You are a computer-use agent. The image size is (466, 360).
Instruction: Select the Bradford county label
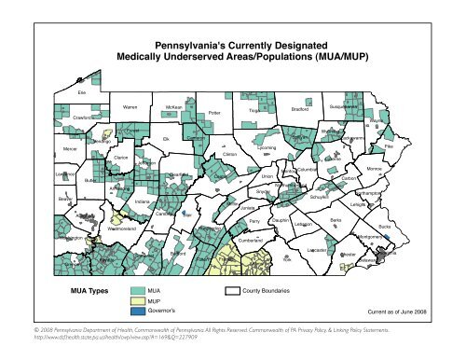click(x=299, y=109)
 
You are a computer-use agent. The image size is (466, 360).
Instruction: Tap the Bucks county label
click(x=385, y=227)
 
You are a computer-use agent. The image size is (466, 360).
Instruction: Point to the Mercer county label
click(x=43, y=148)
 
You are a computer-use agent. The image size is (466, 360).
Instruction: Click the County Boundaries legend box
click(x=233, y=292)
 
